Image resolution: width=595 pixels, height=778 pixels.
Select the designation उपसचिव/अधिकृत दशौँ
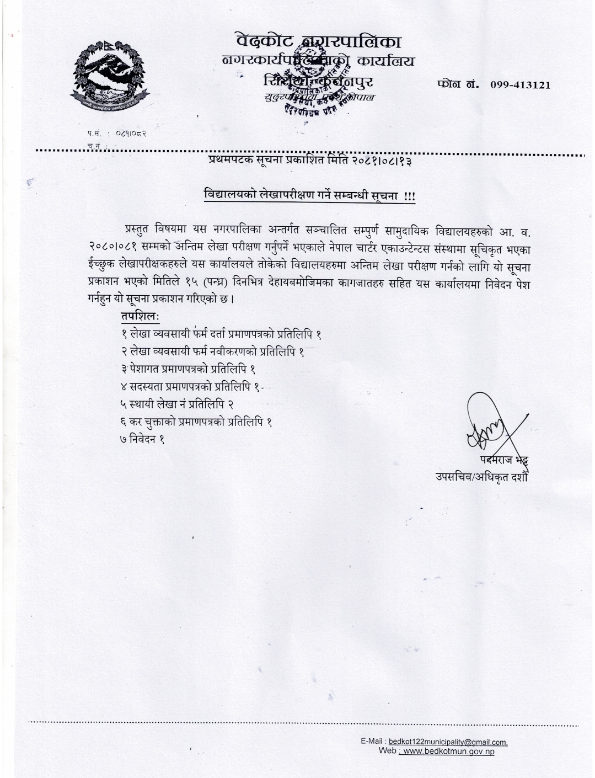481,477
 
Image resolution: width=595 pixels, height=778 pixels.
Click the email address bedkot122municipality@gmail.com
448,742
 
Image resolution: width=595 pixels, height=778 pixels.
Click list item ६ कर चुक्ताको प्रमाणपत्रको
196,422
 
